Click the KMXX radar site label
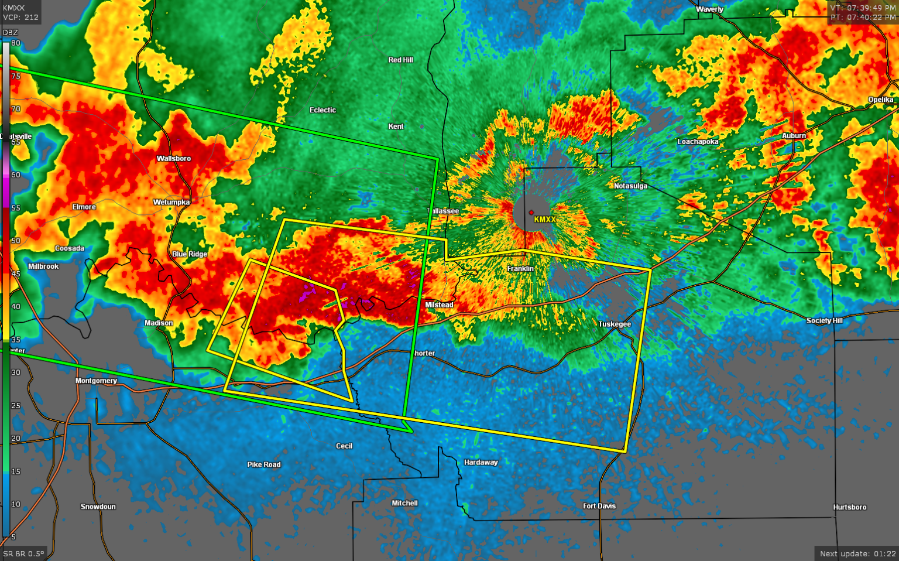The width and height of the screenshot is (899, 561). [x=544, y=220]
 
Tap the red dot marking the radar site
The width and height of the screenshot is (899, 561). [x=531, y=213]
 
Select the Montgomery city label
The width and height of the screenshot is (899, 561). [x=96, y=381]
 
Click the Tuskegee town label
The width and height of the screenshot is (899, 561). [x=615, y=324]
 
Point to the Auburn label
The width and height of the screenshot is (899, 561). [x=794, y=136]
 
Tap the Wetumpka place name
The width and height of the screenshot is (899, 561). [x=171, y=202]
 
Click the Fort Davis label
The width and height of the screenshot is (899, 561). [x=599, y=506]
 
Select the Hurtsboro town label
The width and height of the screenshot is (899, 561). [x=850, y=507]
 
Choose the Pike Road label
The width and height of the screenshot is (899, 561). [x=264, y=464]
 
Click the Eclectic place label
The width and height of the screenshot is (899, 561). [x=322, y=110]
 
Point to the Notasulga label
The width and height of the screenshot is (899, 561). [x=630, y=186]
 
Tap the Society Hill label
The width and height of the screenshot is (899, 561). [x=824, y=320]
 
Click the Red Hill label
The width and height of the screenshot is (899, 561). [x=400, y=60]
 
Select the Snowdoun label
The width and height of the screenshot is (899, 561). [x=98, y=507]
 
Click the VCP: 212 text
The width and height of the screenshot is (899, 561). [x=20, y=18]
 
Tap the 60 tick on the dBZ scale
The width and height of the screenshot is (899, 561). [x=16, y=175]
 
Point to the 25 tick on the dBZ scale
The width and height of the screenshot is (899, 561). [x=16, y=405]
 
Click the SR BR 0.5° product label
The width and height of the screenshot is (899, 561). [x=23, y=554]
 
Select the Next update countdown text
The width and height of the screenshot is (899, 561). [x=857, y=554]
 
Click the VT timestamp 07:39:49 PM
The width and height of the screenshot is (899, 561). [x=863, y=8]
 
